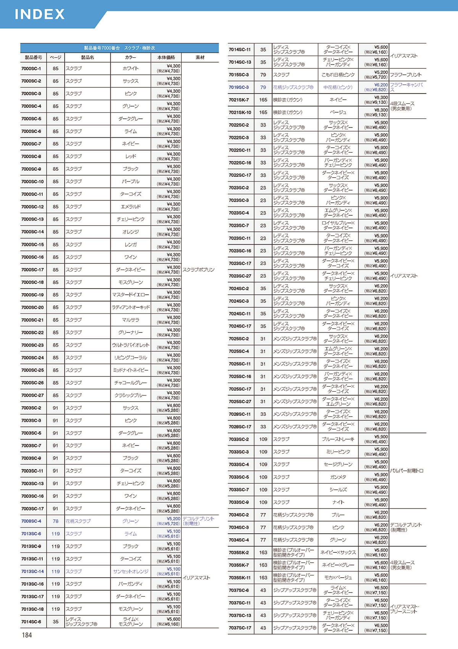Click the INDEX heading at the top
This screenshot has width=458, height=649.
[x=40, y=14]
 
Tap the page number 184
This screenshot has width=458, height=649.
[x=27, y=635]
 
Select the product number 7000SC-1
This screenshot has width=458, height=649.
[x=31, y=68]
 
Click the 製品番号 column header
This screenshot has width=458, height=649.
[x=33, y=57]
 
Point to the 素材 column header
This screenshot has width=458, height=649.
[x=200, y=57]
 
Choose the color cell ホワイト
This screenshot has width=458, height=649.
[x=131, y=68]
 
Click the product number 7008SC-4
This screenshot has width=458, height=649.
[x=31, y=521]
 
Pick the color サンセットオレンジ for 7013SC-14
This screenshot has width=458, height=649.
[x=131, y=572]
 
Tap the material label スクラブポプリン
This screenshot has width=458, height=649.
[x=198, y=270]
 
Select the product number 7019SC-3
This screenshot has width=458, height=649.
[x=239, y=87]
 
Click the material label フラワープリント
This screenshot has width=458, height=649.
[x=406, y=75]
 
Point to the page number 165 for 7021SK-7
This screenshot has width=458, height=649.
[x=263, y=100]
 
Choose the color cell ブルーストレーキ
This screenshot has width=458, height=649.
[x=338, y=439]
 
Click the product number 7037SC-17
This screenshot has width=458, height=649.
[x=240, y=628]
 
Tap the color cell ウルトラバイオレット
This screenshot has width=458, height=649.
[x=131, y=345]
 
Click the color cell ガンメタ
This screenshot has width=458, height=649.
[x=338, y=477]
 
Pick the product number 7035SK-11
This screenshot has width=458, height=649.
[x=240, y=578]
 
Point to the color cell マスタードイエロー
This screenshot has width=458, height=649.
[x=131, y=295]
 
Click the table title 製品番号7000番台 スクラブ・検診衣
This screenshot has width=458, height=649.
[x=119, y=48]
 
